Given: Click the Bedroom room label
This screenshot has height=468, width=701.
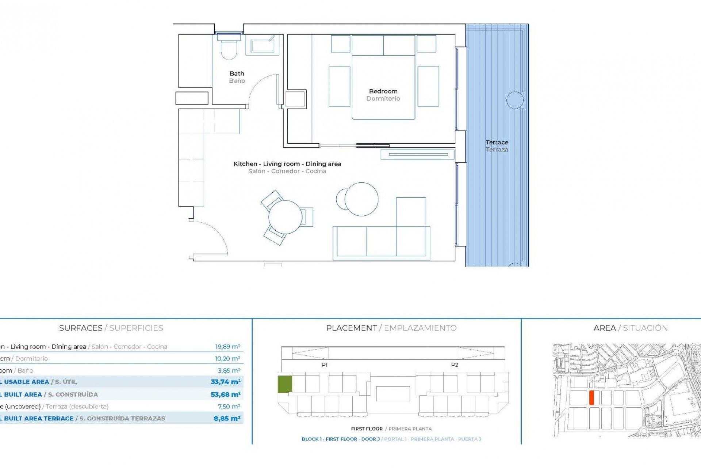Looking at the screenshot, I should pyautogui.click(x=383, y=91).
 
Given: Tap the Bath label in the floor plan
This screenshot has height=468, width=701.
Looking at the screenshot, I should pyautogui.click(x=237, y=74).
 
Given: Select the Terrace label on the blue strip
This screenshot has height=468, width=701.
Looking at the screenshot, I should pyautogui.click(x=497, y=143).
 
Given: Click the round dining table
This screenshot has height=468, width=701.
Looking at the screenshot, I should pyautogui.click(x=285, y=217).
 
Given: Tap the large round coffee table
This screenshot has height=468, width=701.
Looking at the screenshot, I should pyautogui.click(x=361, y=199).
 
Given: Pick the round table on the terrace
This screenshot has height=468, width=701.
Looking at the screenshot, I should pyautogui.click(x=515, y=100).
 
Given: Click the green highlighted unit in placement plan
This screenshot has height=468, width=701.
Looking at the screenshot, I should pyautogui.click(x=285, y=384).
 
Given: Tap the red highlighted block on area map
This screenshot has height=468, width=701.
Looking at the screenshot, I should pyautogui.click(x=591, y=397).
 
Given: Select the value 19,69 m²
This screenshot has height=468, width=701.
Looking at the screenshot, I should pyautogui.click(x=227, y=347).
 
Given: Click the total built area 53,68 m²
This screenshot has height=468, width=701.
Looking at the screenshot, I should pyautogui.click(x=225, y=395).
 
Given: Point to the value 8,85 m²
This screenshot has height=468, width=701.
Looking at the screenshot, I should pyautogui.click(x=227, y=419).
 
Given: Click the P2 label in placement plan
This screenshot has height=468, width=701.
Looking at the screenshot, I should pyautogui.click(x=454, y=365).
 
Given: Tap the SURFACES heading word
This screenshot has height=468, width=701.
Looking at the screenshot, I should pyautogui.click(x=81, y=328).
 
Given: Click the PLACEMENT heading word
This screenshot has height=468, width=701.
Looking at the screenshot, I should pyautogui.click(x=351, y=328).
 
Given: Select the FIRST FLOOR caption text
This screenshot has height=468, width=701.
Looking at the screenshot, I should pyautogui.click(x=367, y=429).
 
